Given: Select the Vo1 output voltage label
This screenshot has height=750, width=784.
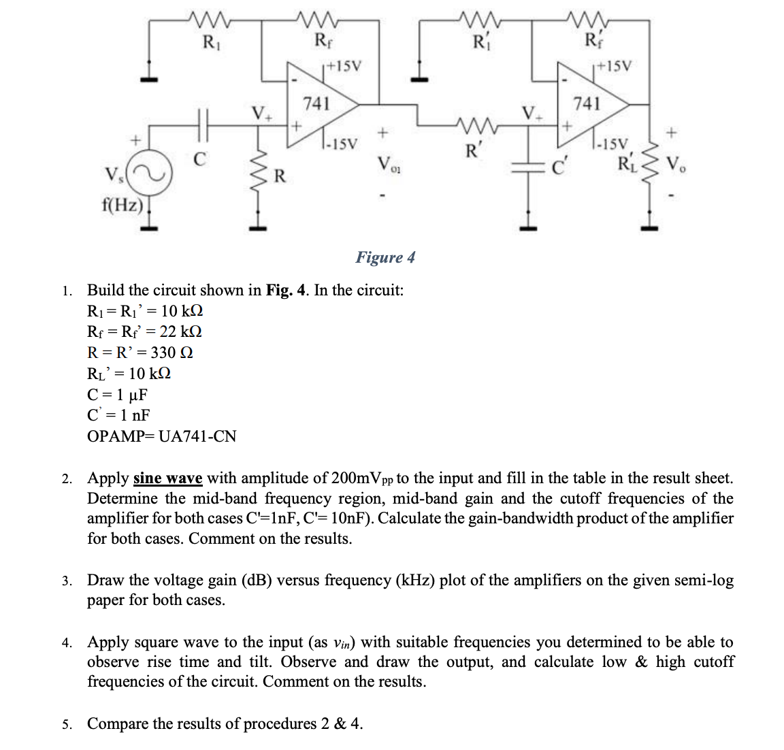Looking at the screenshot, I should point(387,163).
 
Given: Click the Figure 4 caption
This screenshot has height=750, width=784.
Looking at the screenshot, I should point(385,257).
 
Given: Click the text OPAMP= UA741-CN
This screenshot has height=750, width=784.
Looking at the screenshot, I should point(162,436).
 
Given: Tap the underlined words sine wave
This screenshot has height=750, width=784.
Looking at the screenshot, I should point(167,478).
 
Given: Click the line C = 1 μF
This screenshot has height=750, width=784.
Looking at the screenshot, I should point(118,395).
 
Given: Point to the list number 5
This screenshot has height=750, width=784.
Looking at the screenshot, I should point(66,724).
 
